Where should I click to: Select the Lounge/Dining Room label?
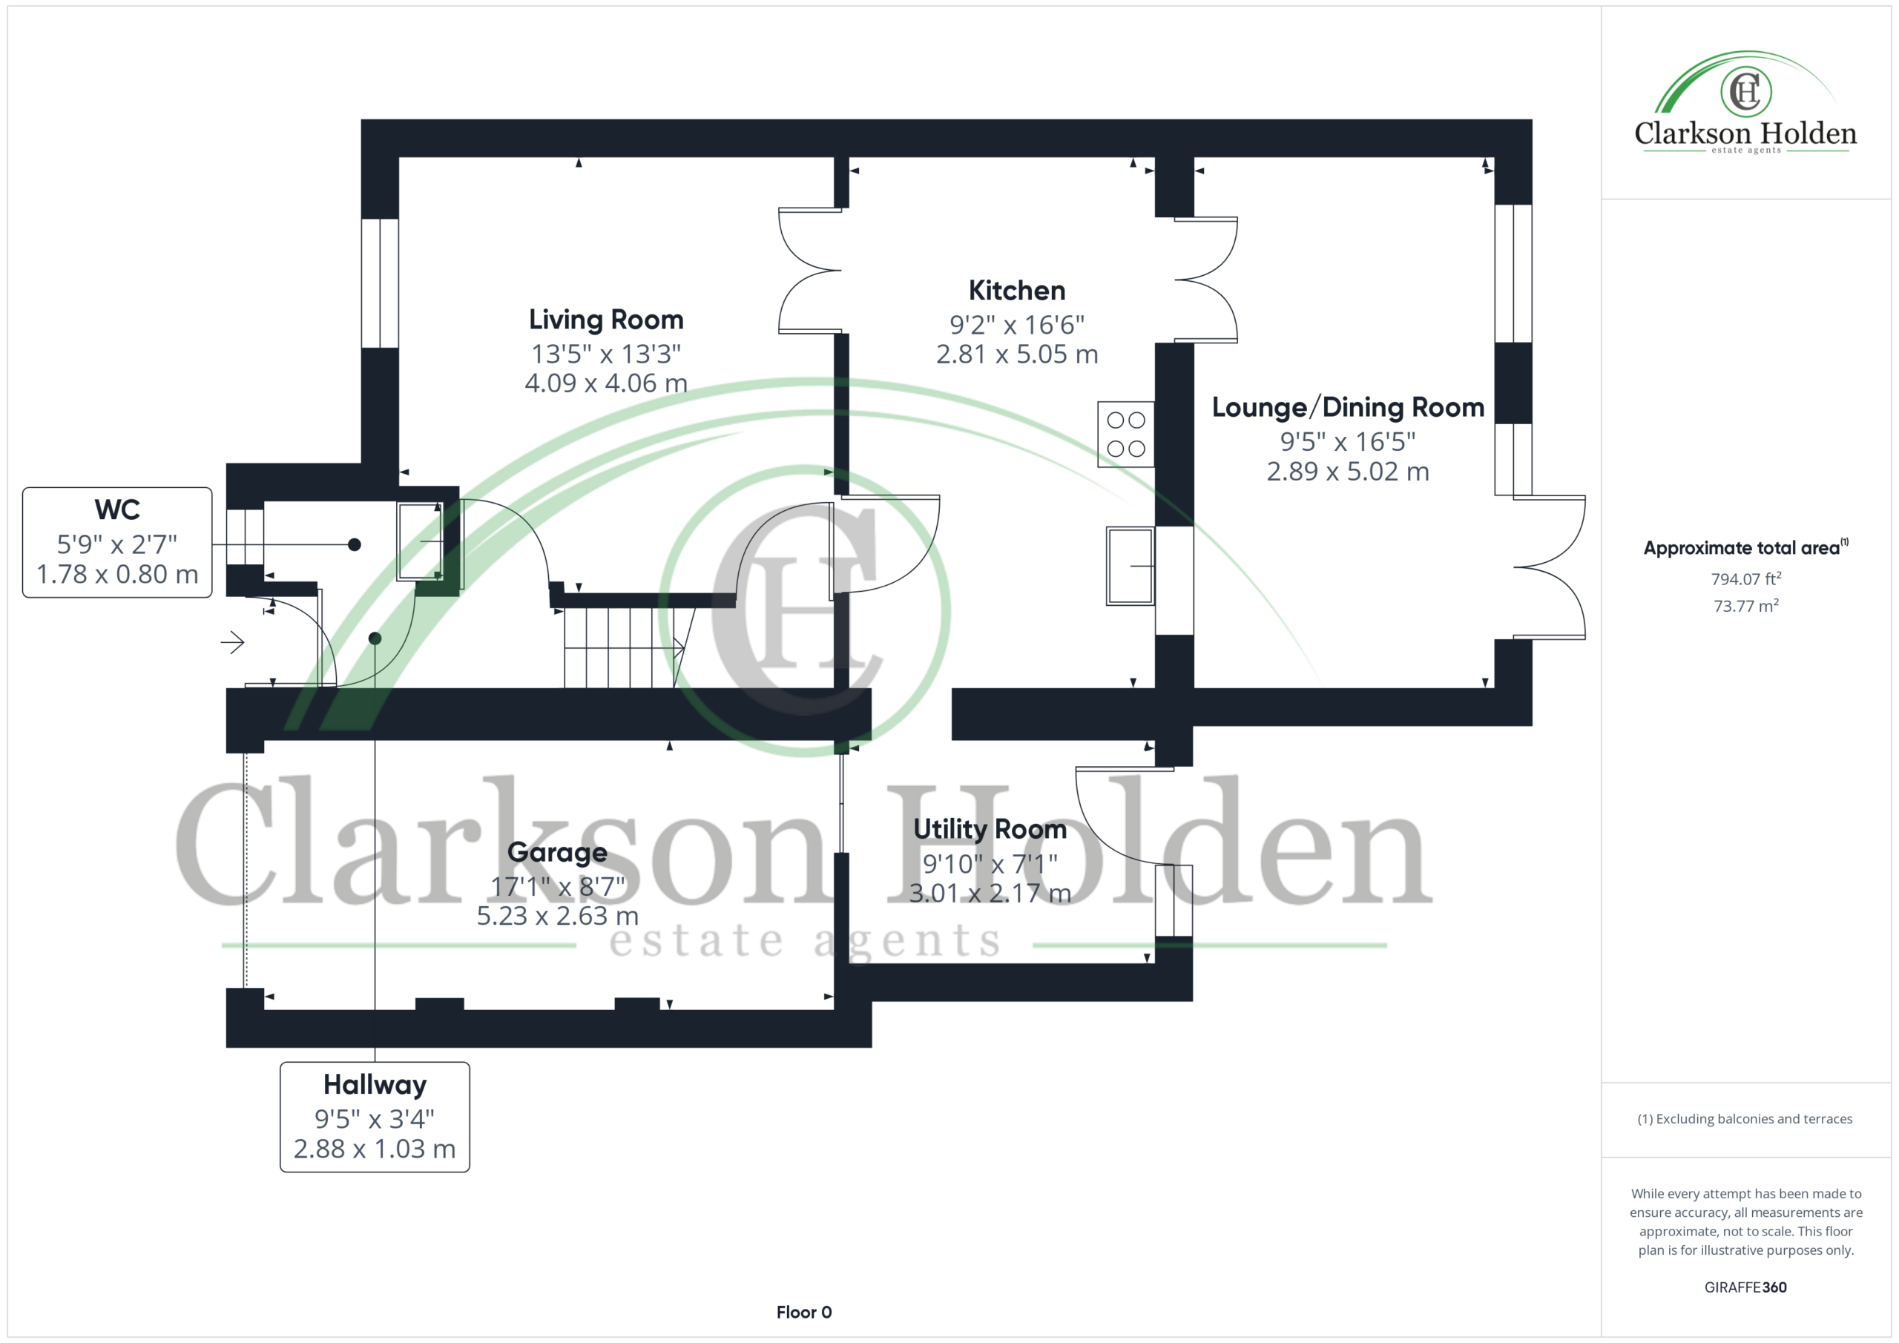coord(1348,407)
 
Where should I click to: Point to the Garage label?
coord(557,853)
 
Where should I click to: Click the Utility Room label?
coord(990,828)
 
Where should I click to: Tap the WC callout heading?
coord(117,509)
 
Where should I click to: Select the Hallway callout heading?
coord(375,1084)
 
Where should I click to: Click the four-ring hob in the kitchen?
coord(1125,434)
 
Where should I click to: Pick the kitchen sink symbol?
coord(1130,566)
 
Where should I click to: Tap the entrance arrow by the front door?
coord(232,641)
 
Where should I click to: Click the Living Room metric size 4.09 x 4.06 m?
coord(606,383)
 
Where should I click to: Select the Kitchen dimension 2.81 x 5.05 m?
coord(1016,354)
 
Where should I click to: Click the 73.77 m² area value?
coord(1746,605)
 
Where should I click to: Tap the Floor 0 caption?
coord(804,1313)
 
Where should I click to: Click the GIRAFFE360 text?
coord(1745,1287)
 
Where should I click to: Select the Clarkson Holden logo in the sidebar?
coord(1745,102)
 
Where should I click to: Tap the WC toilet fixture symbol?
coord(420,541)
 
